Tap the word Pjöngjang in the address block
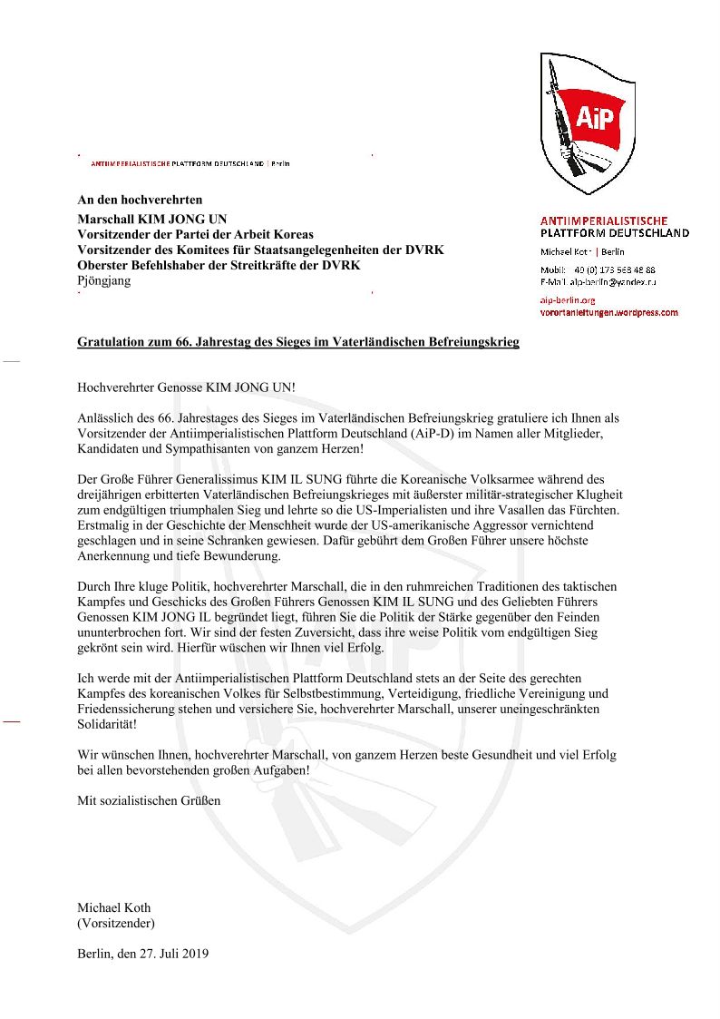pyautogui.click(x=104, y=280)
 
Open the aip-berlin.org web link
pyautogui.click(x=567, y=299)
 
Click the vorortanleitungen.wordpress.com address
pyautogui.click(x=608, y=312)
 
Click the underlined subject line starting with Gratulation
pyautogui.click(x=298, y=342)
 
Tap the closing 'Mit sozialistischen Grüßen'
pyautogui.click(x=149, y=800)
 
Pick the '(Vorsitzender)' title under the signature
pyautogui.click(x=116, y=923)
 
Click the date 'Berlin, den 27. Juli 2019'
pyautogui.click(x=143, y=954)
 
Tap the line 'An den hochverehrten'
pyautogui.click(x=140, y=199)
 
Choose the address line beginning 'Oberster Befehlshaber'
pyautogui.click(x=219, y=265)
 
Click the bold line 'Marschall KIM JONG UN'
pyautogui.click(x=152, y=219)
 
